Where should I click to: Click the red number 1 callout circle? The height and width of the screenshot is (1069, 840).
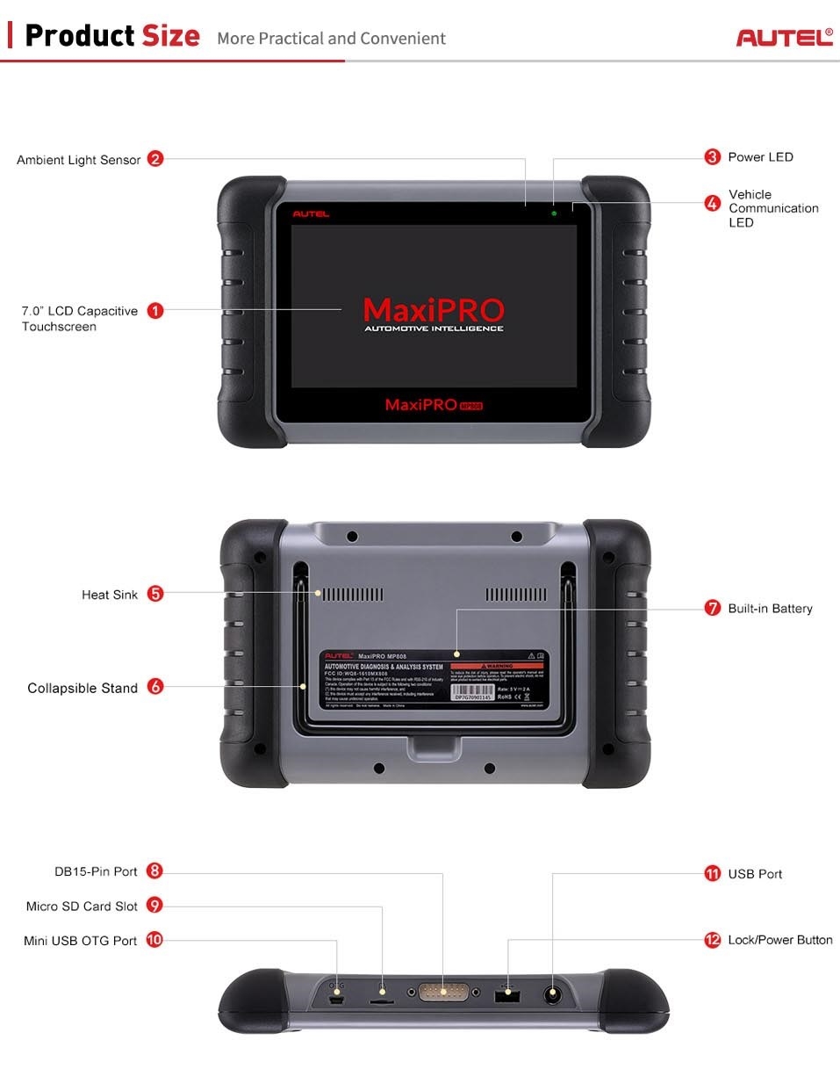[x=155, y=310]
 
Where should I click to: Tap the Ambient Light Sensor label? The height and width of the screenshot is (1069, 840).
[x=79, y=160]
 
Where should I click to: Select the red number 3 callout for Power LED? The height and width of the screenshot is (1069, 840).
[x=713, y=157]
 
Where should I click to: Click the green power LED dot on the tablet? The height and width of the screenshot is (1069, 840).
[x=554, y=213]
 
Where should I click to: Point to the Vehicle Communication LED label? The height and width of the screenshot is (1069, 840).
[x=772, y=208]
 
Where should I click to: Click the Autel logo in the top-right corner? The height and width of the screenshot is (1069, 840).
[x=784, y=38]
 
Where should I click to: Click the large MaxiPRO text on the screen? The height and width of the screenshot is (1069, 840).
[x=434, y=309]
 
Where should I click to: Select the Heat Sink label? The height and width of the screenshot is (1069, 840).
[x=110, y=595]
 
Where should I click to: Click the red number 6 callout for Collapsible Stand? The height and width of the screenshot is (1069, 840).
[x=155, y=687]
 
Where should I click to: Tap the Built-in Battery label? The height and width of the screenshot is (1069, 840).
[x=770, y=609]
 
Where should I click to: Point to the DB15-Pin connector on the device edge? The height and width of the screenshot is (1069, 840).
[x=443, y=993]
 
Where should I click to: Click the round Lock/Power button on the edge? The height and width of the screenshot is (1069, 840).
[x=554, y=995]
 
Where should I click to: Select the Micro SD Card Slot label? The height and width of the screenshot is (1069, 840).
[x=82, y=906]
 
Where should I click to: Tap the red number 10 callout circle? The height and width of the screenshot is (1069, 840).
[x=154, y=940]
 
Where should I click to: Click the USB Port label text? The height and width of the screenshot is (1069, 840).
[x=755, y=874]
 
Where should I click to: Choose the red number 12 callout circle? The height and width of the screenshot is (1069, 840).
[x=713, y=940]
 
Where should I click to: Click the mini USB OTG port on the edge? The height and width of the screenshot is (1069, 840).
[x=337, y=999]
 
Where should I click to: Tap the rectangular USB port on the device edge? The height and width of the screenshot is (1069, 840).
[x=508, y=996]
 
